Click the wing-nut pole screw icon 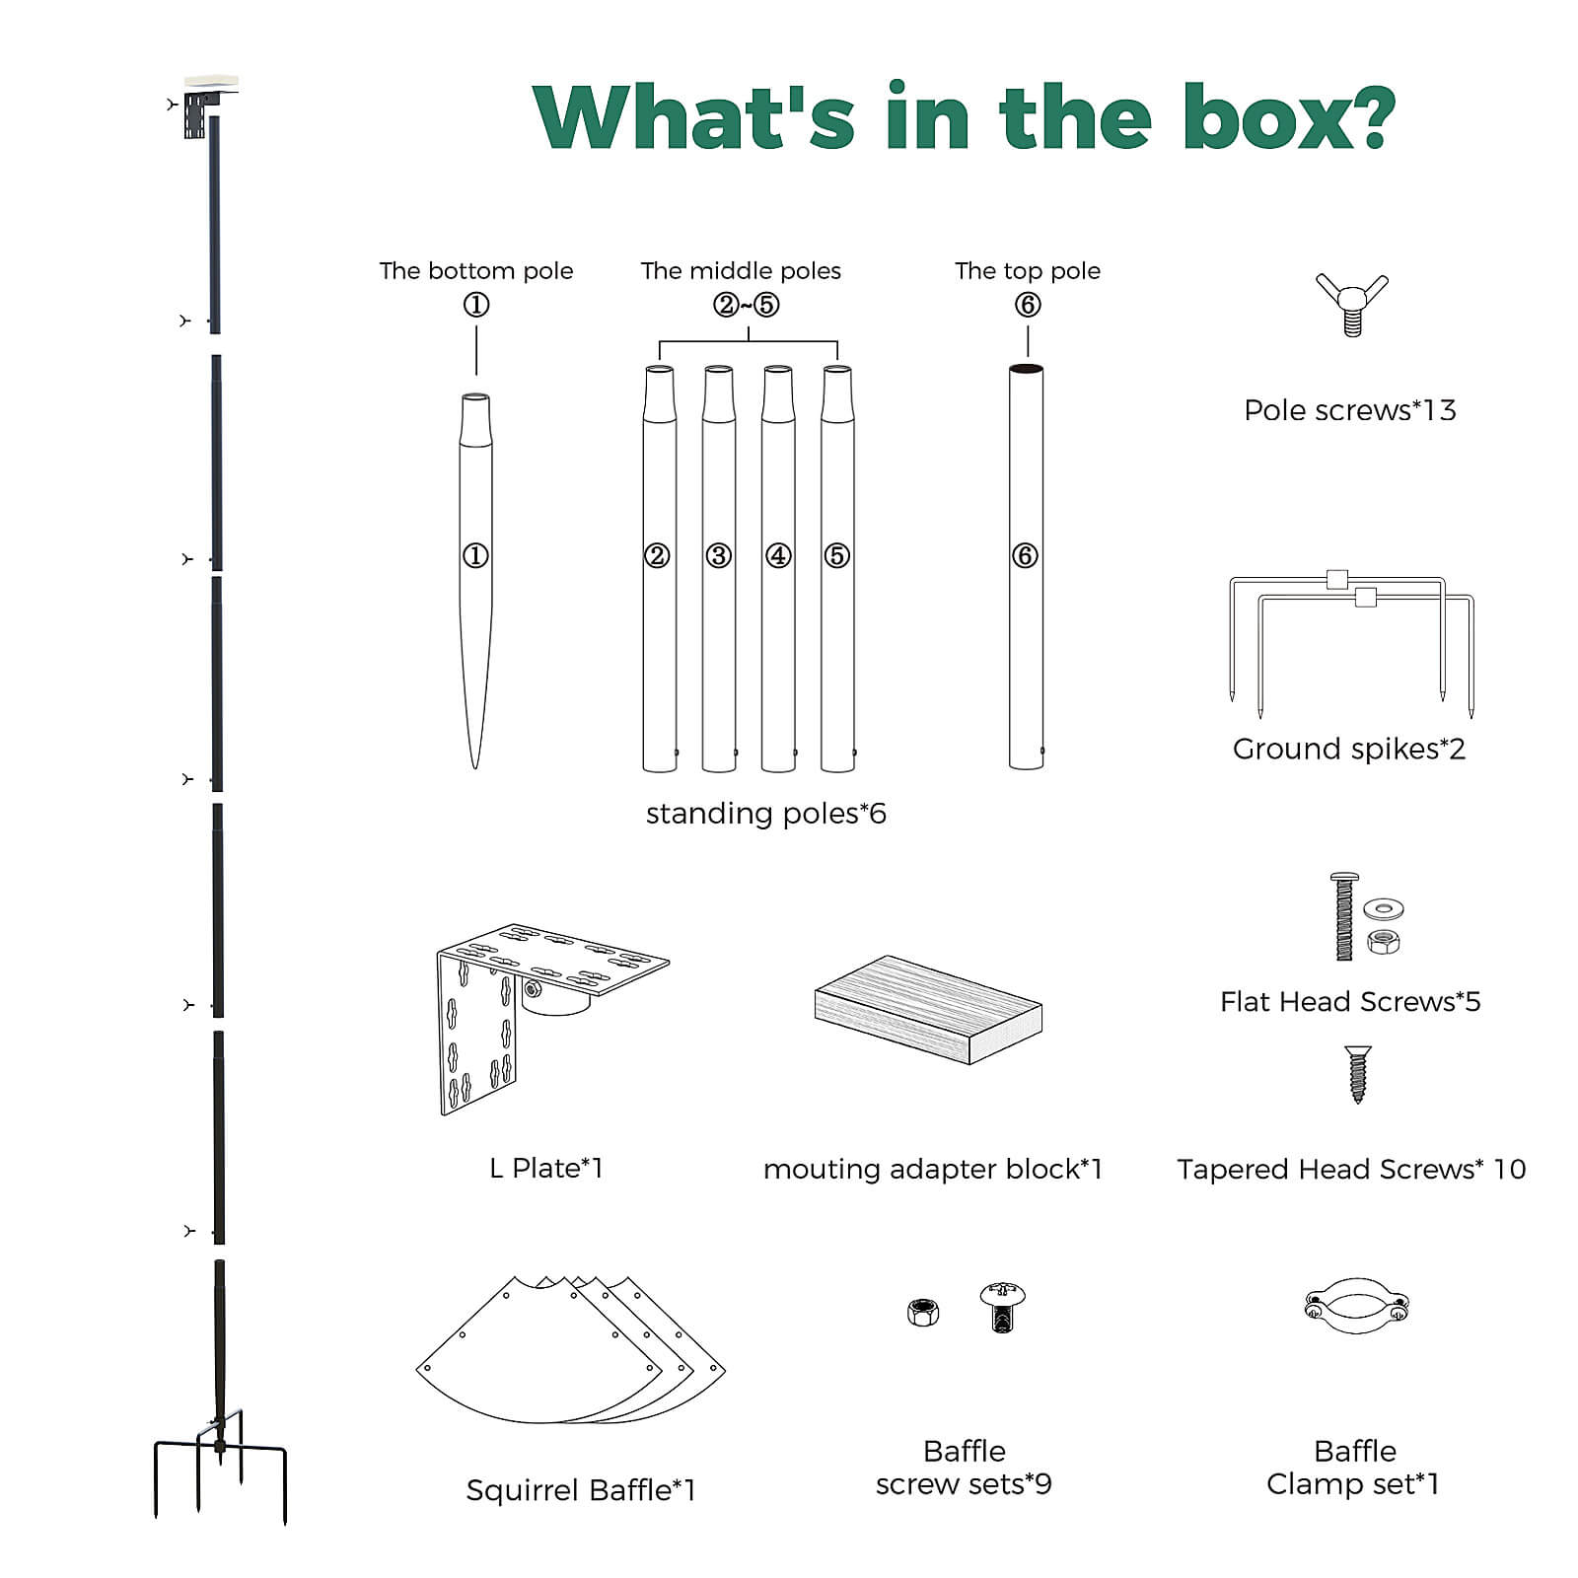(1351, 304)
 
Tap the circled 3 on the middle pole (718, 555)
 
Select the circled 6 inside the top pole (1025, 555)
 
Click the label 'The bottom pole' (475, 270)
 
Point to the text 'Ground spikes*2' (1348, 749)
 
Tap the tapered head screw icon (1358, 1074)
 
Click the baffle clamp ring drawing (1356, 1306)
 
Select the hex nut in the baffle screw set (923, 1312)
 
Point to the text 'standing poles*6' (765, 813)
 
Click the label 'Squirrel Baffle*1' (580, 1489)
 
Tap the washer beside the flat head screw (1383, 908)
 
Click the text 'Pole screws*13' (1349, 409)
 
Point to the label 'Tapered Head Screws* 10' (1350, 1169)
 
